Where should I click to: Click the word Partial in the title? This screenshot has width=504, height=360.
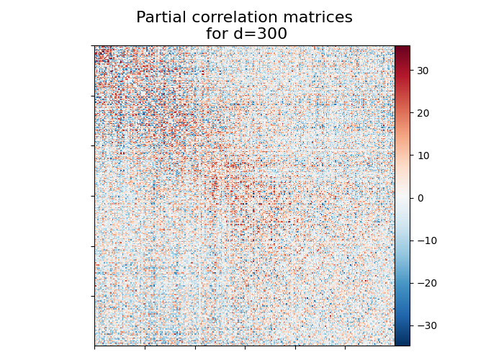pyautogui.click(x=160, y=17)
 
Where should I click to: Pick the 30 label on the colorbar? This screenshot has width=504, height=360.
pyautogui.click(x=423, y=71)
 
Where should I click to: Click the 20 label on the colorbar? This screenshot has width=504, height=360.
pyautogui.click(x=423, y=113)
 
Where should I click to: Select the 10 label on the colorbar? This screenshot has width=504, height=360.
pyautogui.click(x=423, y=156)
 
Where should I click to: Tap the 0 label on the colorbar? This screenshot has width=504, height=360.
pyautogui.click(x=420, y=198)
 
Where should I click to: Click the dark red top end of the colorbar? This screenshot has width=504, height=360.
pyautogui.click(x=402, y=48)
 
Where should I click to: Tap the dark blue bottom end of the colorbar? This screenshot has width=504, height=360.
pyautogui.click(x=402, y=343)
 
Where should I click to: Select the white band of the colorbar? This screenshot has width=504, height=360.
pyautogui.click(x=402, y=198)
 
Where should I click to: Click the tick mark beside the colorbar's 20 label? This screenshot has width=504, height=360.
pyautogui.click(x=412, y=113)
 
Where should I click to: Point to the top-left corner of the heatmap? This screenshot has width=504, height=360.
pyautogui.click(x=95, y=47)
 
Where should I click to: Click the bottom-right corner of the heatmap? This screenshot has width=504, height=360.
pyautogui.click(x=394, y=345)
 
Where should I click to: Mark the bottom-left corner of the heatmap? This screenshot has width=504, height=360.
pyautogui.click(x=95, y=345)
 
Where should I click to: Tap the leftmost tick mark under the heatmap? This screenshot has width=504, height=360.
pyautogui.click(x=95, y=348)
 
